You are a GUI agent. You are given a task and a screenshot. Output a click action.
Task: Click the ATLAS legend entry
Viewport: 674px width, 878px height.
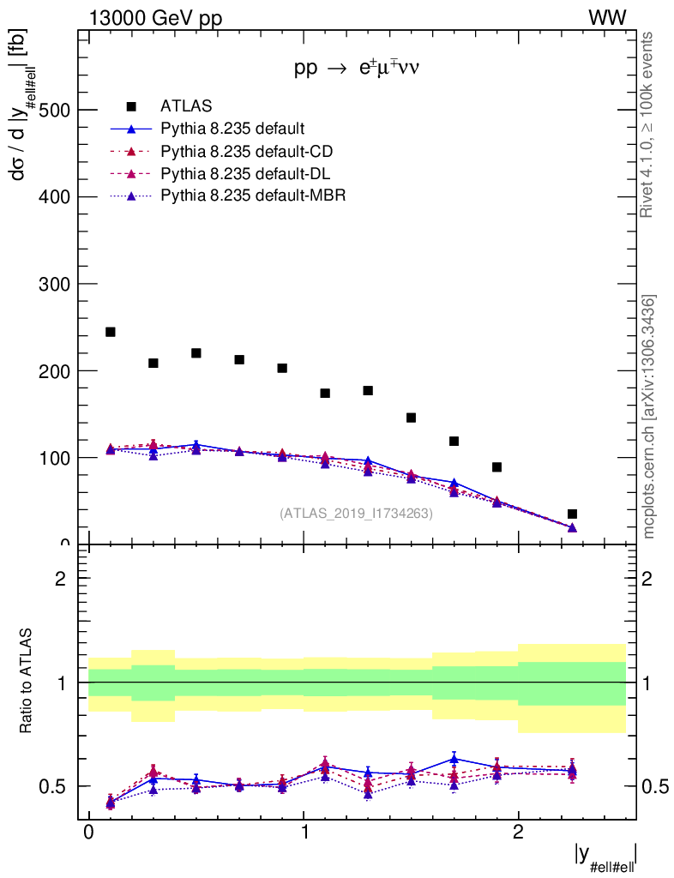(x=186, y=106)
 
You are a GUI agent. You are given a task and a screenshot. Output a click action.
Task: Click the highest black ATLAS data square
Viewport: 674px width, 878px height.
(x=110, y=332)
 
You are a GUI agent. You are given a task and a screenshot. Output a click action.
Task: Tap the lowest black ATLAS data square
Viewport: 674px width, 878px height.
(x=572, y=514)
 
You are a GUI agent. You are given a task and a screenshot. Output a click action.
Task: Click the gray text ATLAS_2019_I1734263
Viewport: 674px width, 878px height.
(x=356, y=514)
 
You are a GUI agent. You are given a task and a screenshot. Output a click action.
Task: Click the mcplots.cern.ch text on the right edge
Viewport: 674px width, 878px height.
(x=649, y=417)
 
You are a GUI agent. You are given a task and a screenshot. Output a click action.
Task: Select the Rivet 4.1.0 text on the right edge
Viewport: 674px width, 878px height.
(x=649, y=124)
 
